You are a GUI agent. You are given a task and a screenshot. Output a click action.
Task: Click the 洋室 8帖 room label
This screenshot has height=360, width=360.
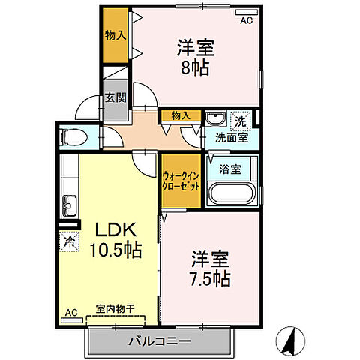(x=196, y=57)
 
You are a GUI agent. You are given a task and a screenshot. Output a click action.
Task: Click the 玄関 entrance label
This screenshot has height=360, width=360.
(x=115, y=97)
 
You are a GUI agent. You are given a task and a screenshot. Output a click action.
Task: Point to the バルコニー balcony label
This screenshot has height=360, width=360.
(x=158, y=341)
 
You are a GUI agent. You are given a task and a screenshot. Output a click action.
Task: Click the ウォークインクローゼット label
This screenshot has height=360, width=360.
(x=181, y=183)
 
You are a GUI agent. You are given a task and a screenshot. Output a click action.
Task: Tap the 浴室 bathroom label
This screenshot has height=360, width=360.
(x=230, y=169)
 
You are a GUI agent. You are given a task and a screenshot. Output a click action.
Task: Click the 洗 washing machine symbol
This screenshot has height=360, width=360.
(x=240, y=119)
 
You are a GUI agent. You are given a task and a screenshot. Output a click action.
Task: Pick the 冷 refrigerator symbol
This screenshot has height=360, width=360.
(x=69, y=242)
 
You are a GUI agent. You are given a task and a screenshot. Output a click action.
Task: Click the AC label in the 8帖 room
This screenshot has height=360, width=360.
(x=247, y=21)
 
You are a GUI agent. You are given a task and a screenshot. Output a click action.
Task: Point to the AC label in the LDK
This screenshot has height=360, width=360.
(x=71, y=312)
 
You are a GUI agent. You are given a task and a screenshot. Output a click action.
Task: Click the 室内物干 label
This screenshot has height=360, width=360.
(x=115, y=308)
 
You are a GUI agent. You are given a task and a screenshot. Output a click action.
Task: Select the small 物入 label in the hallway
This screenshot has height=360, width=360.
(x=180, y=115)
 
